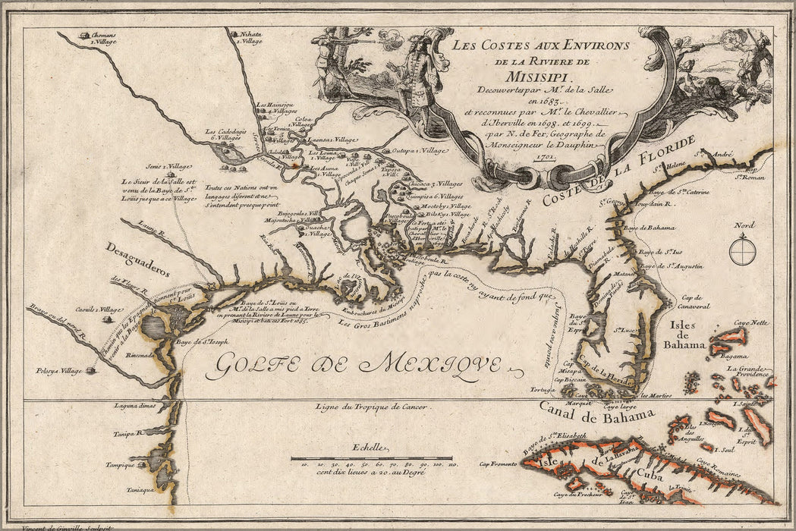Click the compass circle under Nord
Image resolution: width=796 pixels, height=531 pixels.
pos(741,251)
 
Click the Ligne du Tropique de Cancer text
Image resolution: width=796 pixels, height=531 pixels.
pos(372,407)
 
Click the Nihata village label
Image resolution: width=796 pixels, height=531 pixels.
pos(252,37)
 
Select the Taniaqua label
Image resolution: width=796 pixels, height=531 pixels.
pos(140,489)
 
